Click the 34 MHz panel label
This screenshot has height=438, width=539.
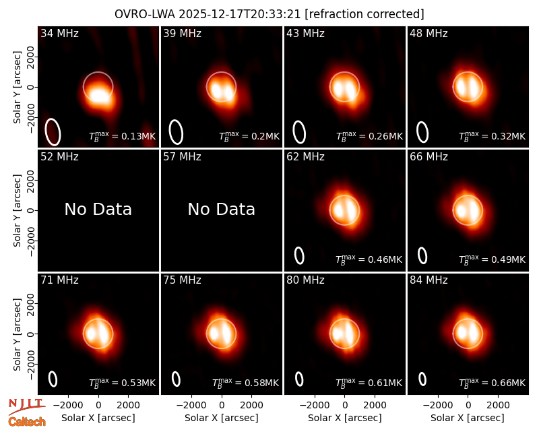click(59, 33)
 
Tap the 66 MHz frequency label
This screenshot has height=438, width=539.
click(429, 157)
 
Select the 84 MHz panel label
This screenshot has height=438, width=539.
click(429, 280)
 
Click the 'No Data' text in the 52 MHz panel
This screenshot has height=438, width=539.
click(98, 210)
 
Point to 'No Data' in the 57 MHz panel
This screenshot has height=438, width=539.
click(222, 210)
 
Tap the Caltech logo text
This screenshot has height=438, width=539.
click(27, 422)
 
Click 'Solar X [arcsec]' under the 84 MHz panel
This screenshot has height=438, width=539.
click(468, 418)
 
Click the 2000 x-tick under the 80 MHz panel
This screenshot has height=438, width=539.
click(375, 406)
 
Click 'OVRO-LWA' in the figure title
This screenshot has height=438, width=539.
click(145, 14)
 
